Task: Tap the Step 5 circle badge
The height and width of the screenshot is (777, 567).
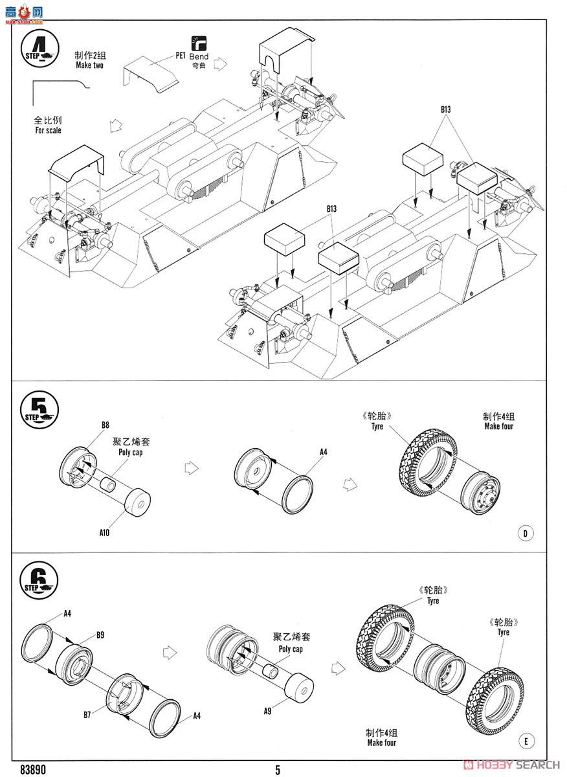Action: click(39, 410)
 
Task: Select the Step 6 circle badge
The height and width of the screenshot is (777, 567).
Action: click(39, 580)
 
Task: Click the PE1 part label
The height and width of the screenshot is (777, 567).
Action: click(181, 56)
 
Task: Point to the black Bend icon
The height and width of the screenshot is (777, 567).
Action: click(199, 43)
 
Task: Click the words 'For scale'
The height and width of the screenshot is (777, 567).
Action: click(48, 130)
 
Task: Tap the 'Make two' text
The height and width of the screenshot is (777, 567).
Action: click(90, 65)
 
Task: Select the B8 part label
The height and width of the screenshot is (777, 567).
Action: click(106, 425)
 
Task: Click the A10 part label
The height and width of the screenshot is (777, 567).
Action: click(104, 533)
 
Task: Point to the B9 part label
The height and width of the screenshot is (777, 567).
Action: click(100, 635)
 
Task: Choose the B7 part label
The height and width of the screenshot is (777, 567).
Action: click(87, 715)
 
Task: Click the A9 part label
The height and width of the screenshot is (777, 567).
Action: click(267, 711)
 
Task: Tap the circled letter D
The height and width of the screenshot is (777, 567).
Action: click(526, 533)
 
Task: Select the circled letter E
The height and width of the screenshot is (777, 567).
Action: click(526, 741)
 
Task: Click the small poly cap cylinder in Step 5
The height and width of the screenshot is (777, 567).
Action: click(108, 484)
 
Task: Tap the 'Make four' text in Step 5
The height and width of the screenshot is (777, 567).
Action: click(498, 426)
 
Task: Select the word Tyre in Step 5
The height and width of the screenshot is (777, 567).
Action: click(377, 426)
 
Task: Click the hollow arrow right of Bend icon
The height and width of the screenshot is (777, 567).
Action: click(220, 64)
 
